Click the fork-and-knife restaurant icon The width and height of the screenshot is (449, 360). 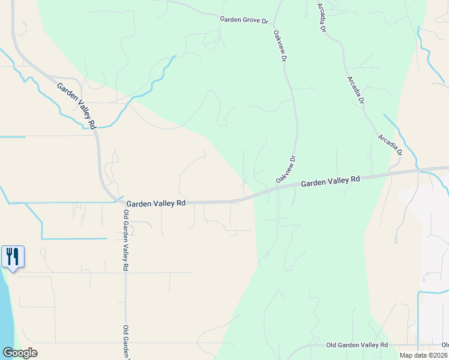click(x=13, y=257)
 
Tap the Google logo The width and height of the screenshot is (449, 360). click(x=20, y=353)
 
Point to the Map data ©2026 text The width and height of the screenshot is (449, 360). click(x=424, y=355)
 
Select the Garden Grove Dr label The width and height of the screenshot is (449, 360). click(x=244, y=20)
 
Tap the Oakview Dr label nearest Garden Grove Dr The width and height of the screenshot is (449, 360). click(x=279, y=48)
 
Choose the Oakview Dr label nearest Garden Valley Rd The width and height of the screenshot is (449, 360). click(x=286, y=170)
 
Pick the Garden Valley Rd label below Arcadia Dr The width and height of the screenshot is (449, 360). click(x=330, y=181)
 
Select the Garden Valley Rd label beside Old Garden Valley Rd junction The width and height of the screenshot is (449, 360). click(x=156, y=203)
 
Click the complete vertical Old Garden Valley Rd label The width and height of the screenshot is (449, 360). click(x=126, y=240)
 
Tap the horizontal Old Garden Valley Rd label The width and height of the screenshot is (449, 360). click(x=357, y=345)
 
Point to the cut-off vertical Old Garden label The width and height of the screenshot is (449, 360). click(x=126, y=342)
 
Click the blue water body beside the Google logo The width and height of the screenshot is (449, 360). click(x=6, y=312)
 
